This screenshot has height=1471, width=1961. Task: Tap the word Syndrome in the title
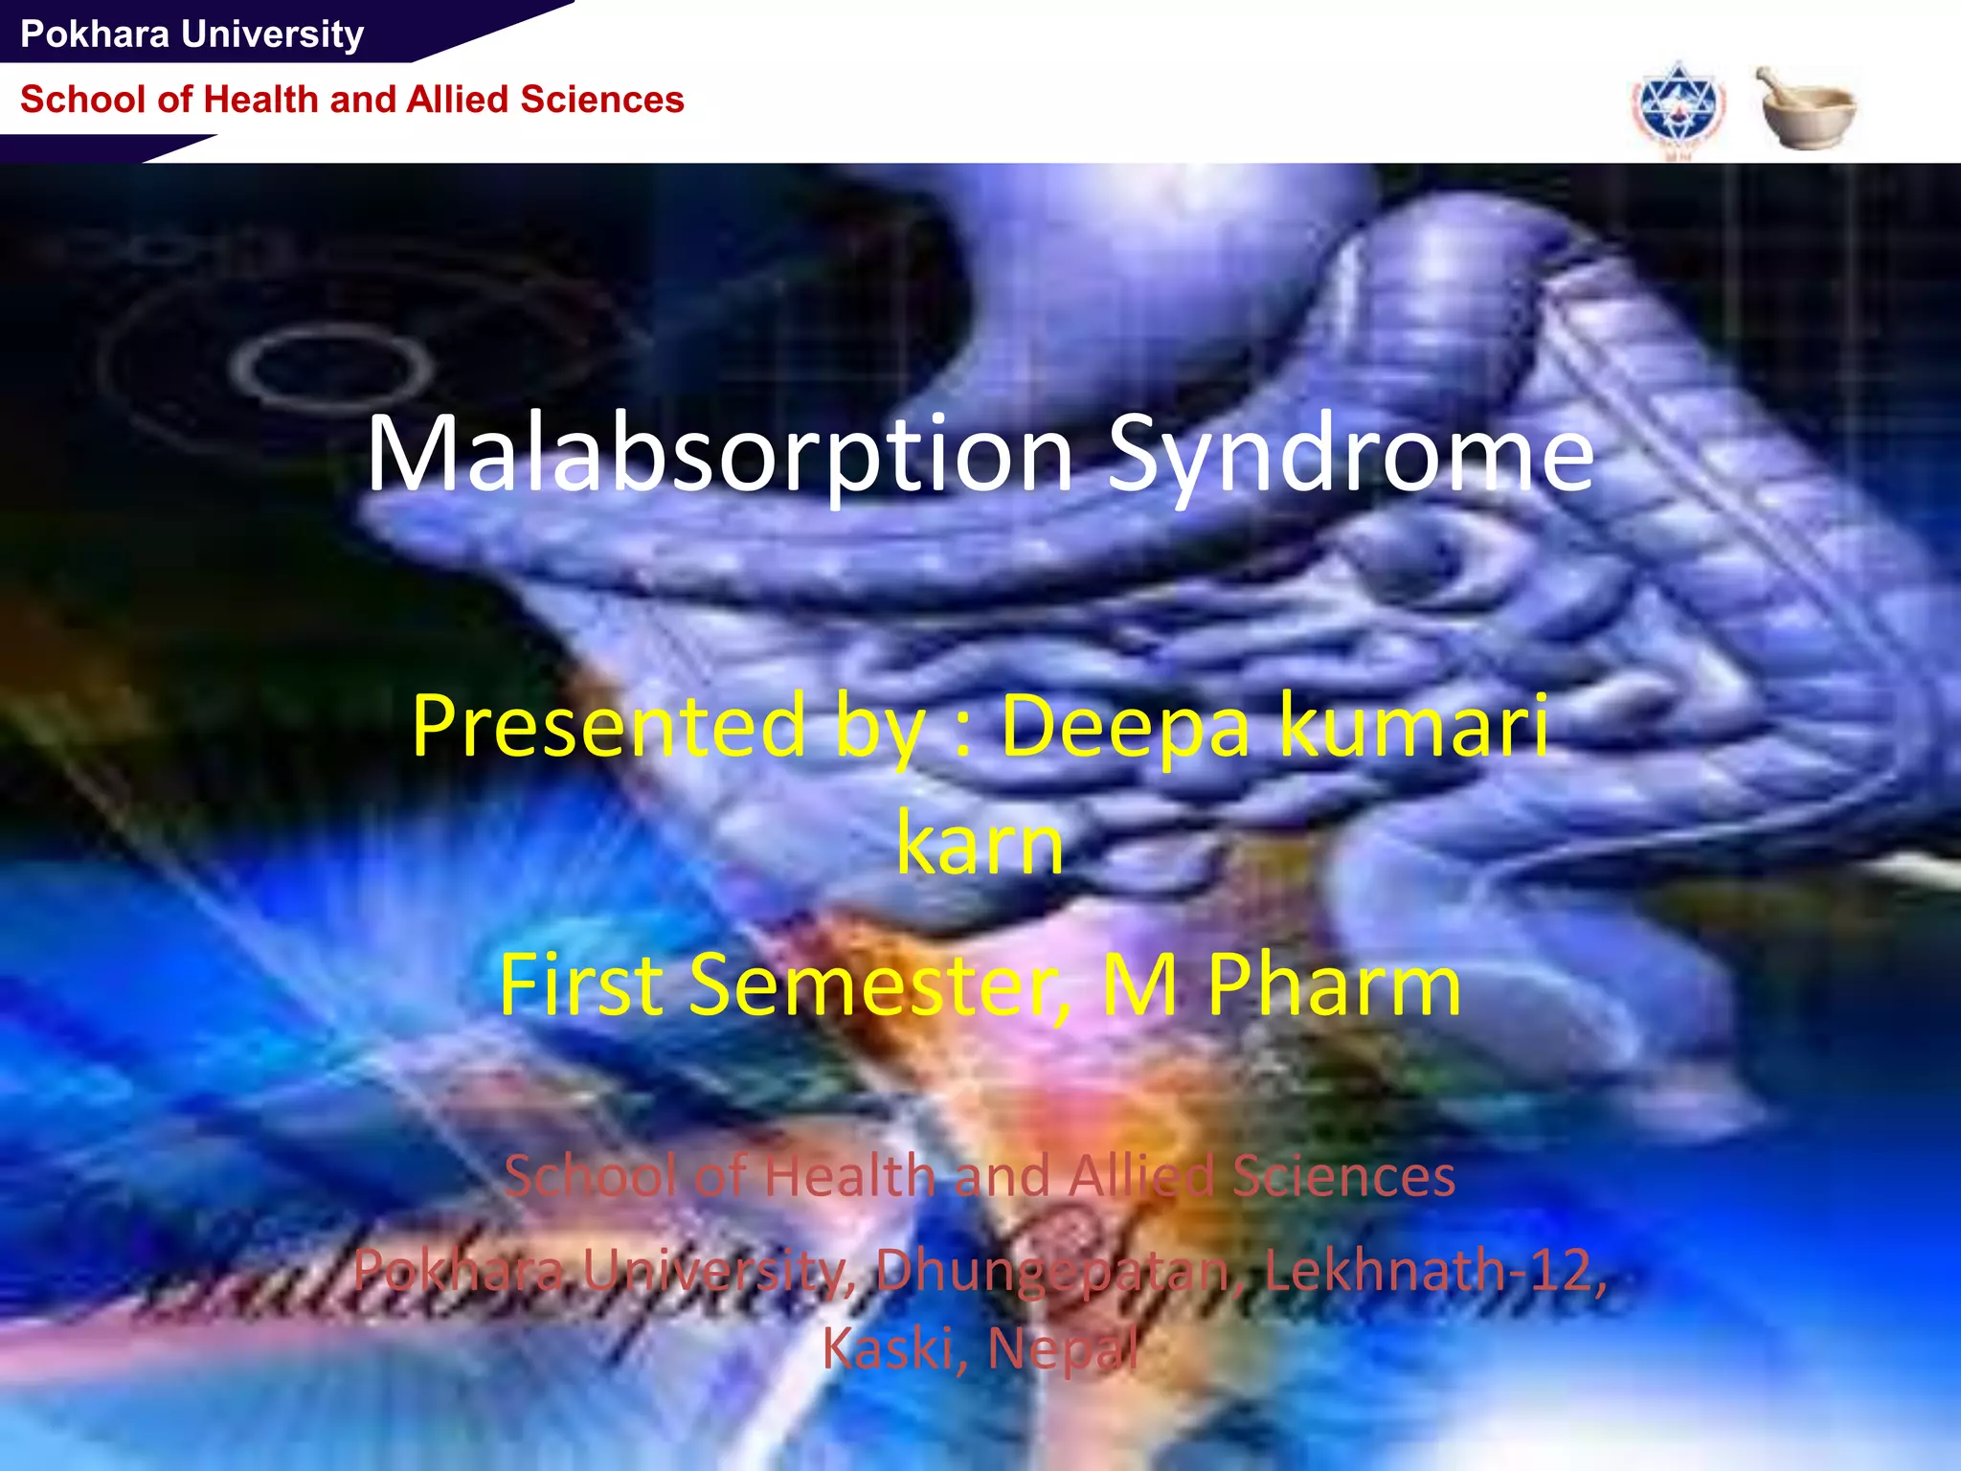pyautogui.click(x=1350, y=454)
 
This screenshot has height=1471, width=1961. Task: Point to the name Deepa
pyautogui.click(x=1125, y=726)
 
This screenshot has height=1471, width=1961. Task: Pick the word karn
pyautogui.click(x=980, y=844)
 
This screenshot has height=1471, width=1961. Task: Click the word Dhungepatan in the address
pyautogui.click(x=1052, y=1271)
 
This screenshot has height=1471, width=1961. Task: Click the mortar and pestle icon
pyautogui.click(x=1805, y=107)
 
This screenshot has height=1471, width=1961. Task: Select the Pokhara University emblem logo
pyautogui.click(x=1678, y=108)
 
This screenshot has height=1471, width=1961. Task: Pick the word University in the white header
pyautogui.click(x=273, y=34)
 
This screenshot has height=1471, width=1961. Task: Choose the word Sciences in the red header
pyautogui.click(x=602, y=100)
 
